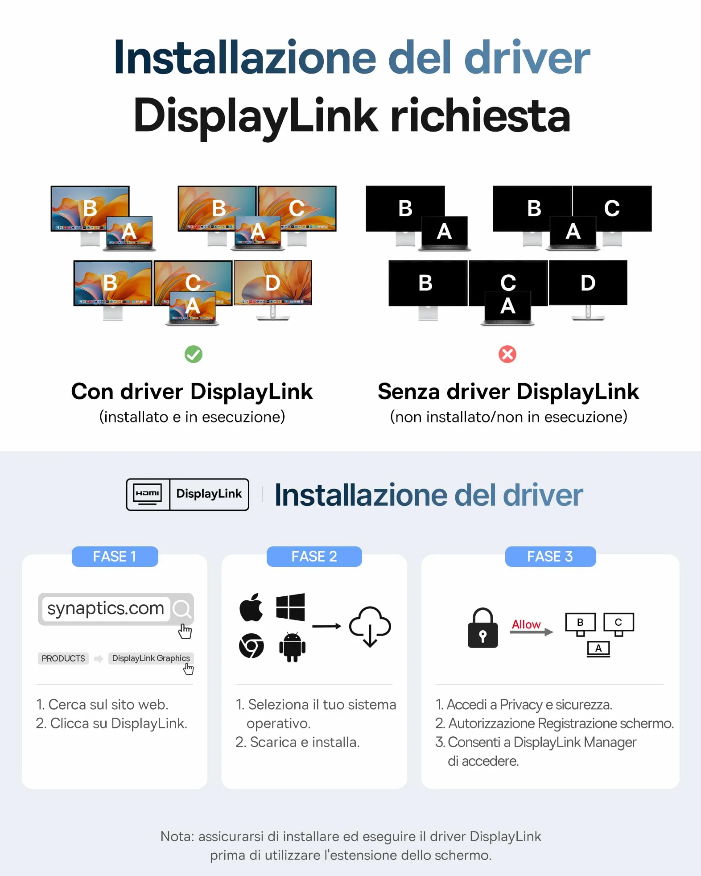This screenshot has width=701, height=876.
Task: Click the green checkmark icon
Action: coord(194,354)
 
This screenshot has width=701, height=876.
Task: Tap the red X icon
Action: coord(507,354)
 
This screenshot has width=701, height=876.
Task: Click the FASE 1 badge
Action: coord(115,557)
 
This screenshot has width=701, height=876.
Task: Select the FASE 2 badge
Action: coord(314,557)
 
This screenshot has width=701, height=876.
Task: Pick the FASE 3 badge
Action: coord(550,557)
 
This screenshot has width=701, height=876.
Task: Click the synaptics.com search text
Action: coord(106,608)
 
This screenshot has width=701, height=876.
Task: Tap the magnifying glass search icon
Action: coord(182,609)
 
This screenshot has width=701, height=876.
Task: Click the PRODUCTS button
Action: coord(63,658)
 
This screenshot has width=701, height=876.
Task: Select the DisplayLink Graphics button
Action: coord(151,658)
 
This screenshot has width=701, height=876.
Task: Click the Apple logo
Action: coord(252,607)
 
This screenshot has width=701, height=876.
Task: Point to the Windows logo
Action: coord(290,607)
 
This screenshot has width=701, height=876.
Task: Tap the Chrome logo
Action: coord(252,645)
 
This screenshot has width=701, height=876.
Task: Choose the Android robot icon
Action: coord(292,647)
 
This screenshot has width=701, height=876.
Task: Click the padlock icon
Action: coord(482,628)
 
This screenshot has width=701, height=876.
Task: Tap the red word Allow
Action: coord(526,624)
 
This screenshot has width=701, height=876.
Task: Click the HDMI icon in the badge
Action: coord(148,494)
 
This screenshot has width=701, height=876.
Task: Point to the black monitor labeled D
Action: coord(588,283)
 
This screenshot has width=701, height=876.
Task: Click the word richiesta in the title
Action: coord(480,116)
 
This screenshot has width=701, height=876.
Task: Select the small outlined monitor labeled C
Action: coord(619,622)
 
